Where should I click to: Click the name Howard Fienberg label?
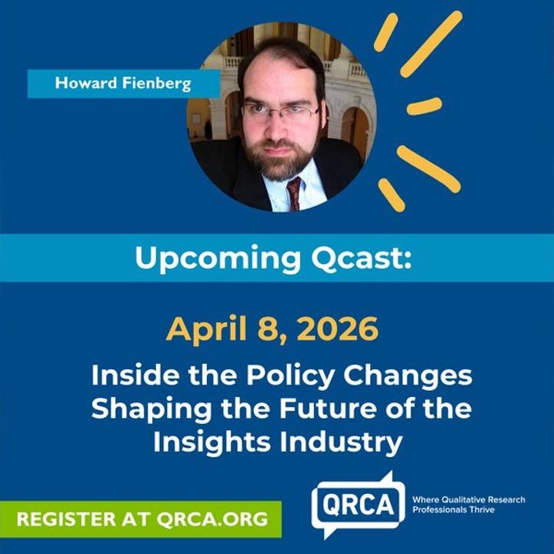(123, 83)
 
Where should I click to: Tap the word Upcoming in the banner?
(218, 259)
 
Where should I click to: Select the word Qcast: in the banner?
(361, 258)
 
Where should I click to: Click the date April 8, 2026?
(272, 329)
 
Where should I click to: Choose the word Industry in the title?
(341, 442)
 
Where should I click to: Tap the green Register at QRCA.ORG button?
(141, 519)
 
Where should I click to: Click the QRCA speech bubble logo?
(358, 505)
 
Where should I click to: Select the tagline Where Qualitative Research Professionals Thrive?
(469, 505)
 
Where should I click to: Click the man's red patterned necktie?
(294, 193)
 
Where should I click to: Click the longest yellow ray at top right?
(431, 44)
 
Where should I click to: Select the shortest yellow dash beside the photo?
(424, 106)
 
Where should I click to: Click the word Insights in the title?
(212, 442)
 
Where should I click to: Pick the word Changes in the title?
(408, 376)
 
